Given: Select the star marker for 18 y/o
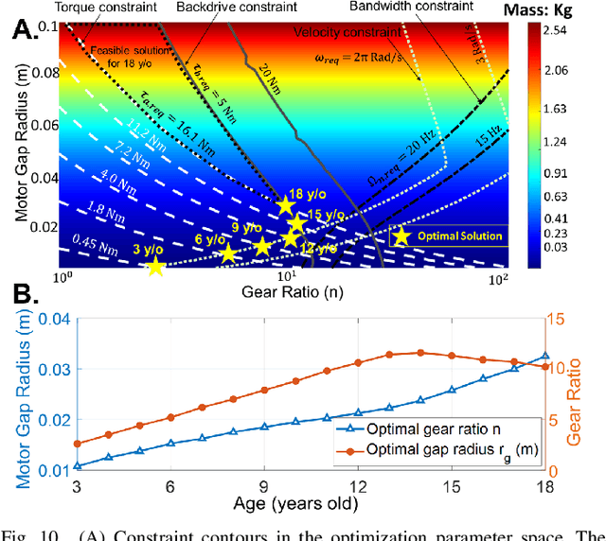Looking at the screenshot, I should tap(285, 206).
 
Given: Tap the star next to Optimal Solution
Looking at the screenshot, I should tap(401, 236).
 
